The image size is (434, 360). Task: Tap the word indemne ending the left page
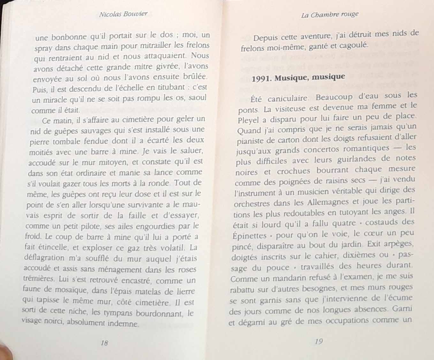(123, 323)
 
